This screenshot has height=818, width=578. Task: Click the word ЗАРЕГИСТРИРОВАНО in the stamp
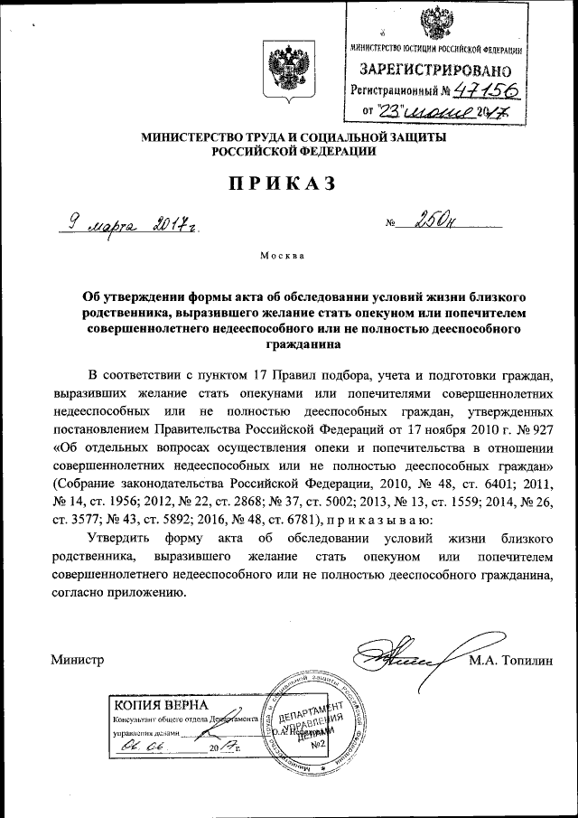coord(437,69)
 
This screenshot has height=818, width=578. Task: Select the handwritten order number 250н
coord(432,220)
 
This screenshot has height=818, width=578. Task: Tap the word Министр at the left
coord(79,660)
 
